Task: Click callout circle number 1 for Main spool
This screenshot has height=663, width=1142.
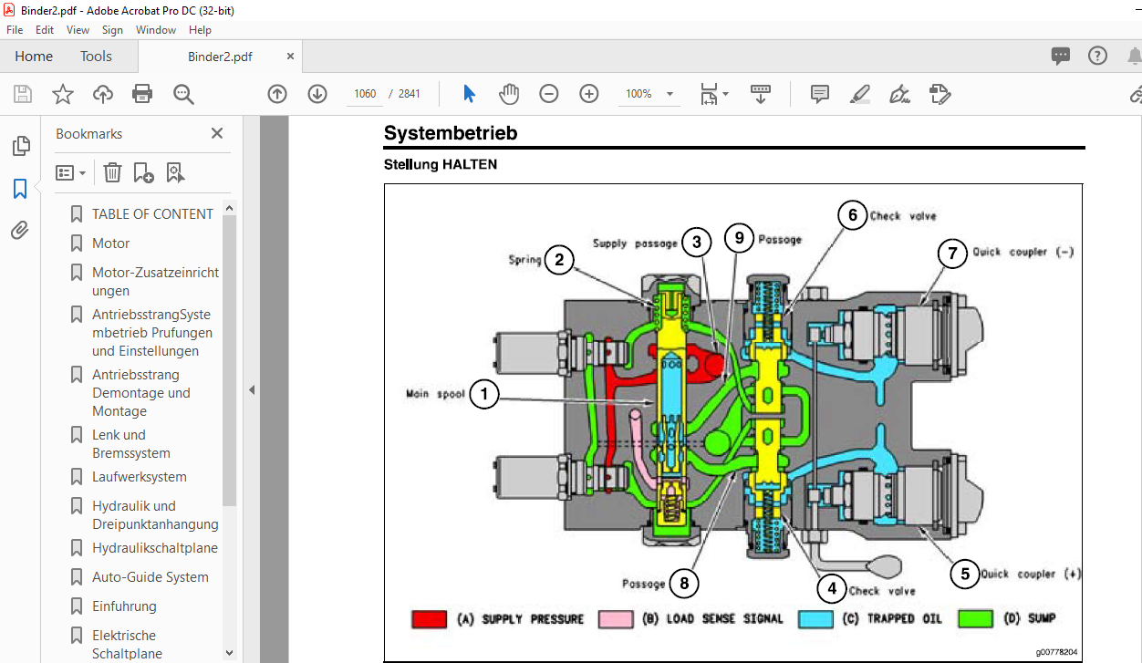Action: [x=483, y=394]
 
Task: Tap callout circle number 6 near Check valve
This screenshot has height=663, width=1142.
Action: [x=853, y=215]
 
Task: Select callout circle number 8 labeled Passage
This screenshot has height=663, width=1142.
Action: [x=684, y=583]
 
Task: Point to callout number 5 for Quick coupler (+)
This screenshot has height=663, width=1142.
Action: [x=964, y=574]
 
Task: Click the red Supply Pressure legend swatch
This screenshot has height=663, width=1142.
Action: [x=429, y=618]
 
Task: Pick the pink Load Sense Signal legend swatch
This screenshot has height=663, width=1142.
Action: [x=616, y=618]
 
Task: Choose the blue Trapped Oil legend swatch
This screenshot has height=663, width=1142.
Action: [x=815, y=618]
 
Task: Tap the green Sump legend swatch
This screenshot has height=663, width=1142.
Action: [x=976, y=618]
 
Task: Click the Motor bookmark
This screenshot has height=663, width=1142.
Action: [x=110, y=243]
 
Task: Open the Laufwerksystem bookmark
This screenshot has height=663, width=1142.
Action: [x=140, y=477]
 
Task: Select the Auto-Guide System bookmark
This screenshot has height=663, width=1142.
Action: [x=151, y=577]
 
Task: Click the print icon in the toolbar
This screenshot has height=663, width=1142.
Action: [x=141, y=94]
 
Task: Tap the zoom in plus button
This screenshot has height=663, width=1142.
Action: [x=589, y=94]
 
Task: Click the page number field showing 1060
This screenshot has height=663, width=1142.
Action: [x=365, y=94]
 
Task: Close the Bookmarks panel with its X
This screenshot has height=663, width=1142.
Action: [x=217, y=133]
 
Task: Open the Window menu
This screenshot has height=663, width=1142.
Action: [x=155, y=30]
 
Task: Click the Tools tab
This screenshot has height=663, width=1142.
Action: [x=96, y=56]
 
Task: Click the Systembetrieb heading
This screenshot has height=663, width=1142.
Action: [x=451, y=133]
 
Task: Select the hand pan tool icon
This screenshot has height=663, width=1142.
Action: [x=509, y=94]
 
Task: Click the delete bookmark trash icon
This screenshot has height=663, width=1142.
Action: [x=112, y=172]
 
